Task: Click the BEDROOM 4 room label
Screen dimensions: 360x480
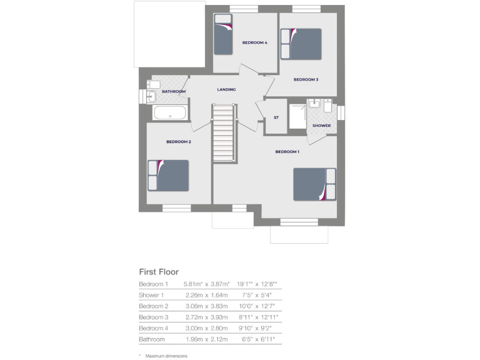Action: coord(255,42)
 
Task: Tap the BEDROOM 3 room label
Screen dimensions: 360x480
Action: coord(306,79)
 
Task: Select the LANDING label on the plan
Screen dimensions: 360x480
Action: coord(226,90)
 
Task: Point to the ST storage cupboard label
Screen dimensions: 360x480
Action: coord(276,117)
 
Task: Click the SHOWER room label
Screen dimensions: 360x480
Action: coord(321,126)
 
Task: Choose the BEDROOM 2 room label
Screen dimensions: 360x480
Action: coord(178,142)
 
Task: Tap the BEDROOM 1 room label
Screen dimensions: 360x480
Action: coord(287,152)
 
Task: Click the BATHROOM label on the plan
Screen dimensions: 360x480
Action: coord(174,92)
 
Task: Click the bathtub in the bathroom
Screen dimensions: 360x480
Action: coord(169,113)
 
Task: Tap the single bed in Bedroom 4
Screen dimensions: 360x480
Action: coord(224,34)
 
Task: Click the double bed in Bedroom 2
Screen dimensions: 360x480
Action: coord(168,175)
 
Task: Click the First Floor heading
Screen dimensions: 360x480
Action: coord(159,272)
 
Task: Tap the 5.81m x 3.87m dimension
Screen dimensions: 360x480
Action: coord(207,284)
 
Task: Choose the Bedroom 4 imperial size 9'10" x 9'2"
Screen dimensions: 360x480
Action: coord(259,328)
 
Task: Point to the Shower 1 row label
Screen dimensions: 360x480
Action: coord(151,295)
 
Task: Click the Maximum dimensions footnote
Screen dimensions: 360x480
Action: coord(166,356)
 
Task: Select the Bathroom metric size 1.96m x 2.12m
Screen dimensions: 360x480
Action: coord(207,339)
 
